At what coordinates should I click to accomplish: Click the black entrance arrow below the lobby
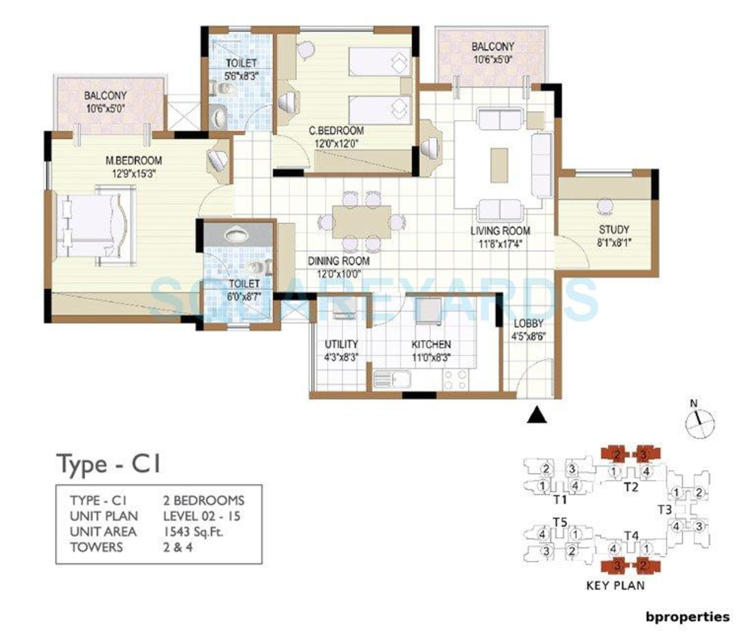point(537,415)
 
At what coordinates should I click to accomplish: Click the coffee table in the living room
point(499,165)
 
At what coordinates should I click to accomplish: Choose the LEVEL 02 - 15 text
point(201,516)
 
